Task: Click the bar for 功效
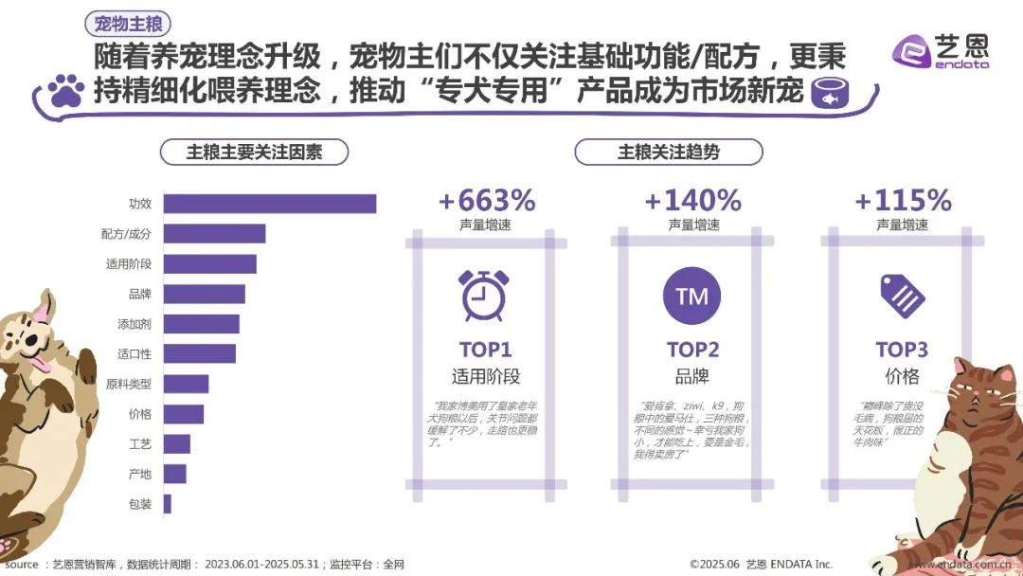[270, 204]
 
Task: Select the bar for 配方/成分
[214, 234]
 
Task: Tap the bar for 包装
[168, 504]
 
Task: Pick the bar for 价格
[184, 414]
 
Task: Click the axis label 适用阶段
[129, 264]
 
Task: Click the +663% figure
[487, 201]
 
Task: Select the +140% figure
[692, 201]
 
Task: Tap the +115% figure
[903, 201]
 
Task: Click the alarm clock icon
[483, 295]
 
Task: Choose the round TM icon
[692, 297]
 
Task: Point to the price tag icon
[902, 295]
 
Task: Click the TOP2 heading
[692, 349]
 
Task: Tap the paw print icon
[65, 91]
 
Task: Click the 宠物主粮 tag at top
[127, 24]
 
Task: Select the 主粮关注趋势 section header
[668, 152]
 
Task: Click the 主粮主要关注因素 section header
[254, 152]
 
